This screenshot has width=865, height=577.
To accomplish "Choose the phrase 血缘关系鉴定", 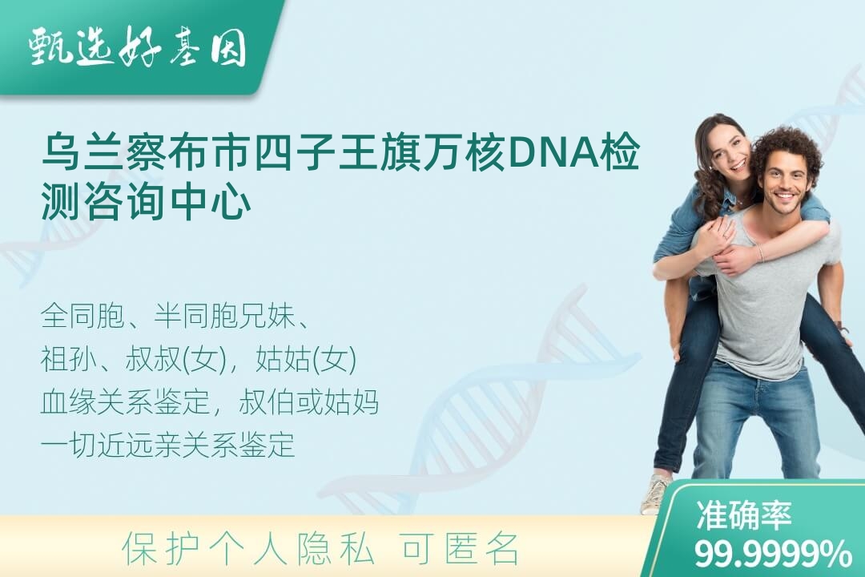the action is [125, 402].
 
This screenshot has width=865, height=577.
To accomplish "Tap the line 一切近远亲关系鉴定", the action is [167, 445].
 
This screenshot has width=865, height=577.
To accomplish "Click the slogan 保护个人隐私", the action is [249, 550].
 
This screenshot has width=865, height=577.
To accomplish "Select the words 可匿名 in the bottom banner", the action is [461, 550].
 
